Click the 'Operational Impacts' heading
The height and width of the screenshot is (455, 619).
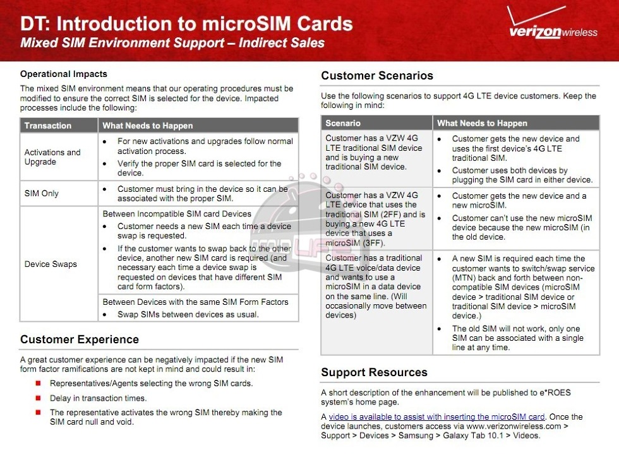coord(64,74)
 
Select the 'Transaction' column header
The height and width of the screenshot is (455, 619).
coord(48,126)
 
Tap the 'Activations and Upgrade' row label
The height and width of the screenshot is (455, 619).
coord(52,157)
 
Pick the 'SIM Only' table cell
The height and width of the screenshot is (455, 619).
coord(42,193)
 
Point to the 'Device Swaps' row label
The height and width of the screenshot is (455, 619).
coord(51,264)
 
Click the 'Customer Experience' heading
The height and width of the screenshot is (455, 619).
coord(80,340)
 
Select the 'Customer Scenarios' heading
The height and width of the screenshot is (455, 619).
coord(377,76)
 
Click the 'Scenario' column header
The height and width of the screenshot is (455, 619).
coord(343,123)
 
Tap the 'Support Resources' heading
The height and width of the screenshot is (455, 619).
coord(374,372)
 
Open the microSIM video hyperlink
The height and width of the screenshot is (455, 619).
coord(436,417)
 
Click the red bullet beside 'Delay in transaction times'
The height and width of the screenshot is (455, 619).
coord(39,398)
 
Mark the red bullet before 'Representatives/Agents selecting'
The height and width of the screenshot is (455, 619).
coord(39,383)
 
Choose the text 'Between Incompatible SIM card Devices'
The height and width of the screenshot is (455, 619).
coord(177,214)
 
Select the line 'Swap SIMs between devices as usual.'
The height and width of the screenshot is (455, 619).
coord(188,314)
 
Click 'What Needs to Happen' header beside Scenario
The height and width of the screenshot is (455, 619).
coord(482,123)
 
